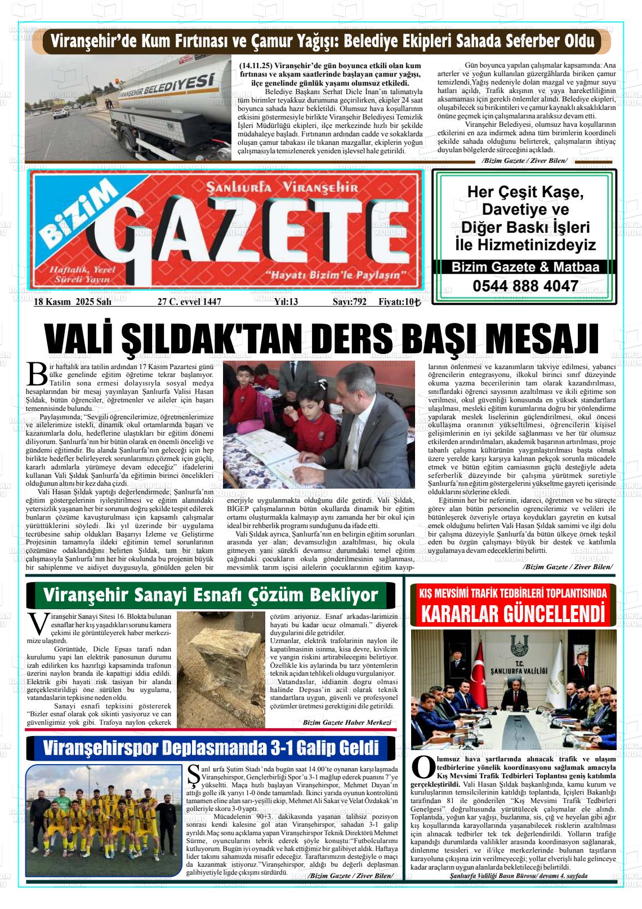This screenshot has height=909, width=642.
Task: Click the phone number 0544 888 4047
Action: [x=525, y=286]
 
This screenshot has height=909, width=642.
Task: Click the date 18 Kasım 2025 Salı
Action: [x=73, y=302]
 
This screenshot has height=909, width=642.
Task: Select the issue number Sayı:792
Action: [x=349, y=302]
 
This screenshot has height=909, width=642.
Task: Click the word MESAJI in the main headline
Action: [x=544, y=340]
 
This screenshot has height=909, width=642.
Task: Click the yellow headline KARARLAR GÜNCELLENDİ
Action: [x=512, y=613]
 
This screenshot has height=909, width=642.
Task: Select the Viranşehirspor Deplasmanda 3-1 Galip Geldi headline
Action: [x=211, y=748]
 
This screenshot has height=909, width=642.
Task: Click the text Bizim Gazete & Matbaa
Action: [x=525, y=267]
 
